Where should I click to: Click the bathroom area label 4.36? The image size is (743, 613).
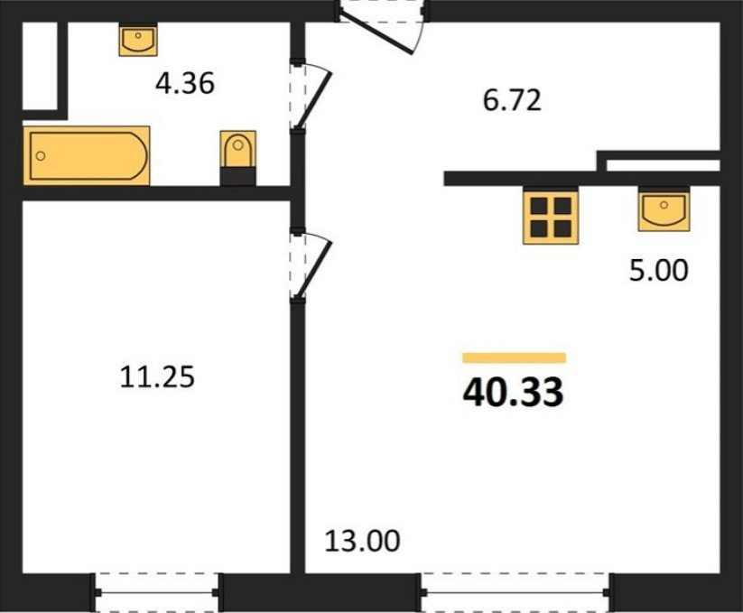click(x=185, y=83)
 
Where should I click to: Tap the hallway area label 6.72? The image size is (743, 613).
click(x=512, y=100)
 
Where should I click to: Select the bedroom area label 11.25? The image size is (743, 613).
click(x=157, y=377)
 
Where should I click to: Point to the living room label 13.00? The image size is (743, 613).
click(x=362, y=541)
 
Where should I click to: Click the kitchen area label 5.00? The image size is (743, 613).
click(x=658, y=271)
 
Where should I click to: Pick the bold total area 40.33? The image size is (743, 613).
click(x=513, y=392)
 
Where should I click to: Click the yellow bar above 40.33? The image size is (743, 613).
click(x=514, y=358)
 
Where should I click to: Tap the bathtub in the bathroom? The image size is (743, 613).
click(x=87, y=156)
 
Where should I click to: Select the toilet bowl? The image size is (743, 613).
click(x=237, y=149)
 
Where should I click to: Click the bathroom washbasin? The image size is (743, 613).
click(x=138, y=40)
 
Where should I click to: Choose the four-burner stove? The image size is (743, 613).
click(x=551, y=217)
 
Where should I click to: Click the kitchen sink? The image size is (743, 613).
click(x=664, y=209)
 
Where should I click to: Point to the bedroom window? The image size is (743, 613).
click(x=157, y=592)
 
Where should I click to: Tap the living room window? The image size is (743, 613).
click(x=515, y=592)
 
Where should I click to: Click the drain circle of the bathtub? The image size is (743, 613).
click(x=41, y=156)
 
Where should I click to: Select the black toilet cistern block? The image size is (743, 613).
click(x=237, y=176)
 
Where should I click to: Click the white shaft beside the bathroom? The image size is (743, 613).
click(x=40, y=65)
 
